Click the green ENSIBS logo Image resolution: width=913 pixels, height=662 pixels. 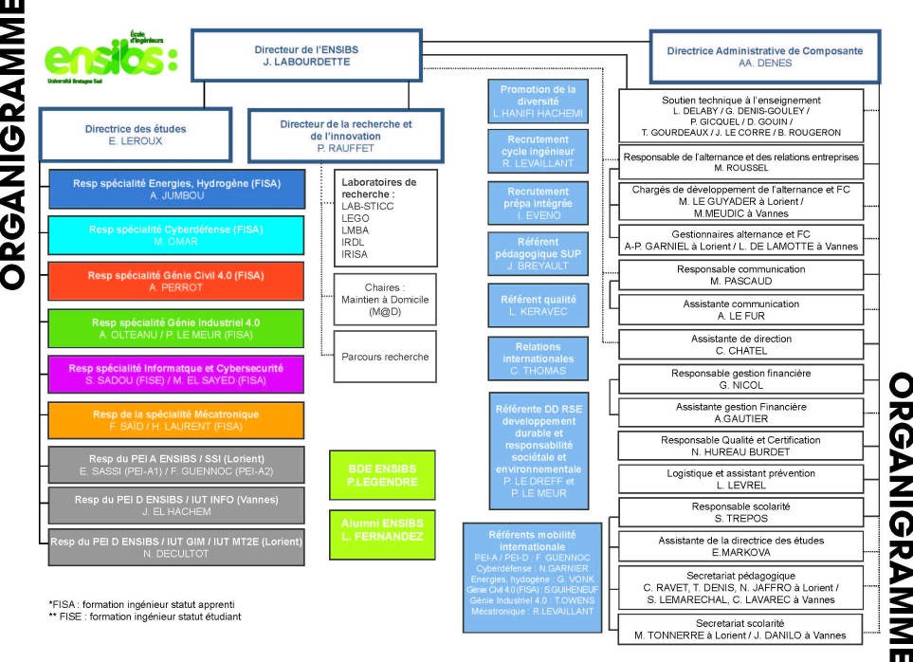click(x=111, y=58)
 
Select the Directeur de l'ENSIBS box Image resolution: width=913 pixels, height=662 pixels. click(x=306, y=55)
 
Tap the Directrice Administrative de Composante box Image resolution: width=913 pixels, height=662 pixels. click(x=764, y=57)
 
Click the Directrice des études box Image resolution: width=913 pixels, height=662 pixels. click(x=136, y=135)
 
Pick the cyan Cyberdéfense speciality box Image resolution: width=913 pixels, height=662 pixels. click(x=175, y=235)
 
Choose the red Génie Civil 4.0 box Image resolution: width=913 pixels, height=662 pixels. click(x=175, y=282)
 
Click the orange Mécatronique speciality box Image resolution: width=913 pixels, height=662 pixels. click(x=175, y=420)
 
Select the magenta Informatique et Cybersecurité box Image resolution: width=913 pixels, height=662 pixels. click(x=175, y=375)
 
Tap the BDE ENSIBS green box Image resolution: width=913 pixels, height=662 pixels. click(x=383, y=475)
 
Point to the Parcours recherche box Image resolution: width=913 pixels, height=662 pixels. click(x=385, y=357)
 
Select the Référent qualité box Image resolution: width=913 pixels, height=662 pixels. click(x=539, y=305)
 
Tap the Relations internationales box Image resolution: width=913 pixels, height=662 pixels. click(x=537, y=359)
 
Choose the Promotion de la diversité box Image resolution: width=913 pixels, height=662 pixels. click(x=538, y=101)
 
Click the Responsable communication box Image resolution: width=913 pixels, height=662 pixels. click(x=740, y=275)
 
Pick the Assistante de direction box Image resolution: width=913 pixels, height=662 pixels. click(x=740, y=344)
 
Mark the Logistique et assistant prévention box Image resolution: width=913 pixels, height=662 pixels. click(x=740, y=479)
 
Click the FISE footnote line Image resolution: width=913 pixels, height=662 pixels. click(x=145, y=616)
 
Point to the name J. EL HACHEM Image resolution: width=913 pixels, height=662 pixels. click(x=176, y=512)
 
